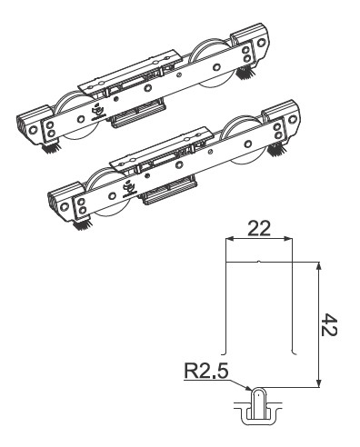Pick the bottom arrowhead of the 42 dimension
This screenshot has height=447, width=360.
[x=319, y=386]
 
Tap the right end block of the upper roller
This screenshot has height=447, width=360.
[x=252, y=47]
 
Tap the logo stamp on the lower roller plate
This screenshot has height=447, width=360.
[x=127, y=185]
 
